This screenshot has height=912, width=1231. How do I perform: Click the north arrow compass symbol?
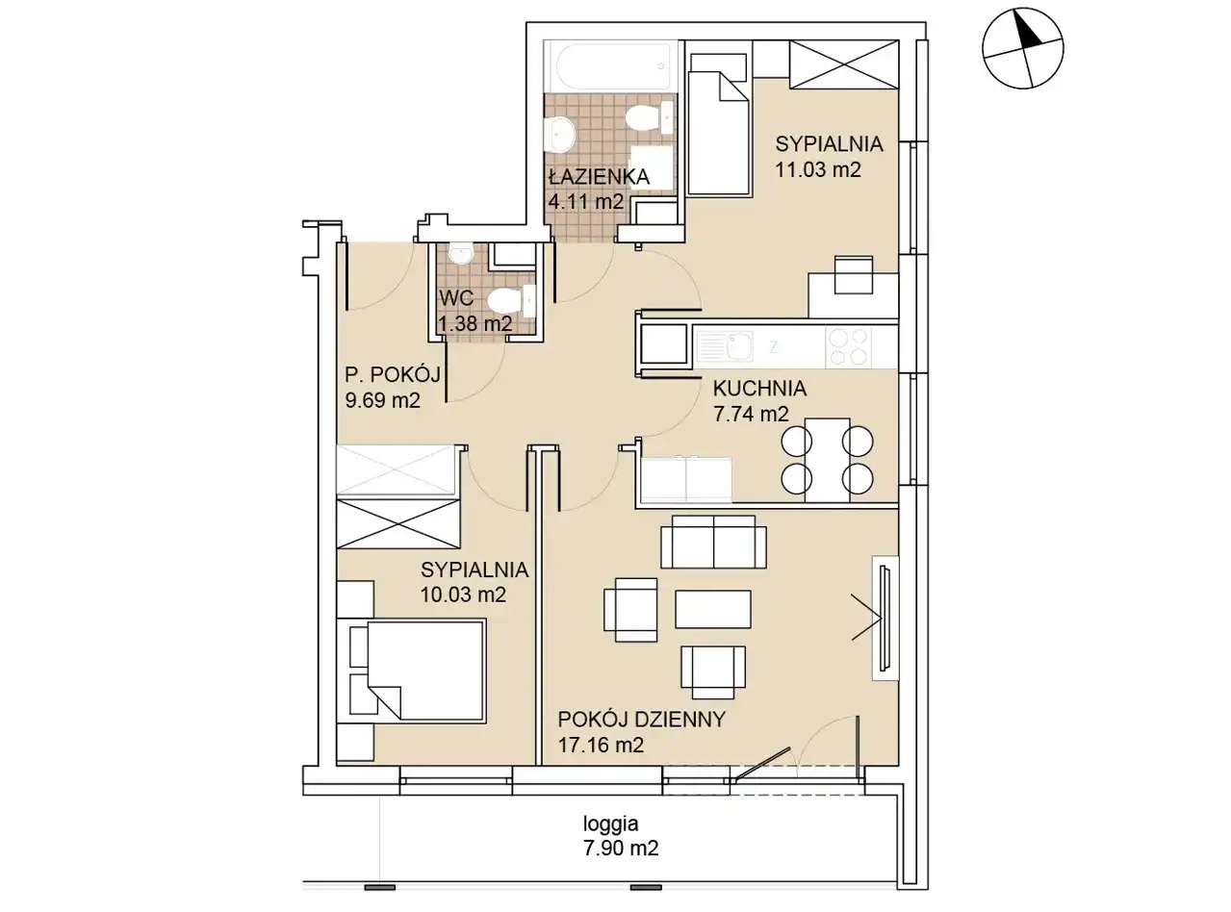pyautogui.click(x=1022, y=48)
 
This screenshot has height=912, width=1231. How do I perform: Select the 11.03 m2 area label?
pyautogui.click(x=817, y=169)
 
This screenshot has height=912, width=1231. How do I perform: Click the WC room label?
pyautogui.click(x=456, y=298)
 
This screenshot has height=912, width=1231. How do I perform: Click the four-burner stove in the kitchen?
pyautogui.click(x=848, y=346)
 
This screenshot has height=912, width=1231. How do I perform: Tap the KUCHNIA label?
pyautogui.click(x=759, y=389)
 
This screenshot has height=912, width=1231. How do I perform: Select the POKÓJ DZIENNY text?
pyautogui.click(x=642, y=720)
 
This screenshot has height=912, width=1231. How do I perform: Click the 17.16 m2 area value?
pyautogui.click(x=602, y=745)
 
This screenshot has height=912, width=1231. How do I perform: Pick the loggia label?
pyautogui.click(x=610, y=823)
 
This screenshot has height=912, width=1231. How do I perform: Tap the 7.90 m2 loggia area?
pyautogui.click(x=621, y=849)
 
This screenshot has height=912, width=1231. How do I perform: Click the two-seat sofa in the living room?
pyautogui.click(x=713, y=542)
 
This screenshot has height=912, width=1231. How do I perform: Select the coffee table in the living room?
pyautogui.click(x=712, y=609)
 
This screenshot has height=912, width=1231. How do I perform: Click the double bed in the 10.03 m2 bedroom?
pyautogui.click(x=418, y=671)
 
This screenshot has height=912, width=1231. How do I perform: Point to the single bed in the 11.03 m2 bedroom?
pyautogui.click(x=719, y=133)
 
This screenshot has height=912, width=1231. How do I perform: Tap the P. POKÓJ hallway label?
pyautogui.click(x=393, y=375)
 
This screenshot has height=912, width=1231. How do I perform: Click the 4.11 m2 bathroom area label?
pyautogui.click(x=586, y=201)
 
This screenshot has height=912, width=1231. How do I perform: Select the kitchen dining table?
pyautogui.click(x=827, y=460)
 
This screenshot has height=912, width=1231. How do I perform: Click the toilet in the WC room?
pyautogui.click(x=510, y=301)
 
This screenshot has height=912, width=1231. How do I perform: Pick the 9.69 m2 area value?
pyautogui.click(x=383, y=400)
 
